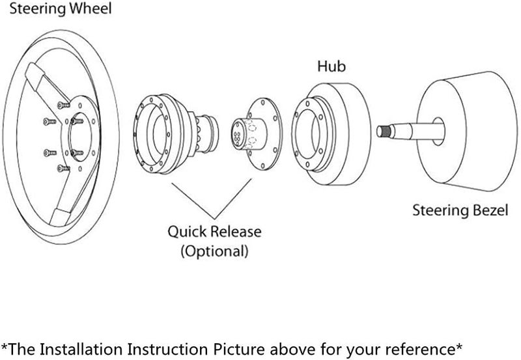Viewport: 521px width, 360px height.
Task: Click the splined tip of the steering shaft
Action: point(385,131)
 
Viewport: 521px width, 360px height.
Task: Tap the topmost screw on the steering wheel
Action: point(62,104)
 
